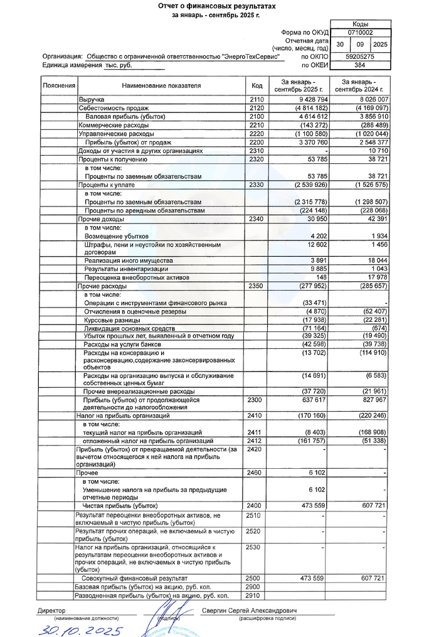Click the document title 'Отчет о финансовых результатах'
coord(216,5)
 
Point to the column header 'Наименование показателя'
coord(161,85)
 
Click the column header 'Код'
coord(257,85)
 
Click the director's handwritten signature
coord(167,616)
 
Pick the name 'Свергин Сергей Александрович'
coord(249,611)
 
